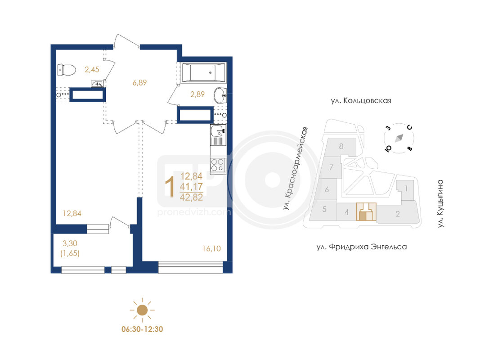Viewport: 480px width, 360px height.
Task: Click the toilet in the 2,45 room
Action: click(x=67, y=70)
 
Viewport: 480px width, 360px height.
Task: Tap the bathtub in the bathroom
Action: click(x=204, y=72)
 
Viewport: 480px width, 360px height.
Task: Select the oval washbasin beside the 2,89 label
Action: click(x=220, y=95)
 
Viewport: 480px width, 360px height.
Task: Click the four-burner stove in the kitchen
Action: click(x=218, y=165)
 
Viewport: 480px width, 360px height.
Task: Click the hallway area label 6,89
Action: click(x=139, y=83)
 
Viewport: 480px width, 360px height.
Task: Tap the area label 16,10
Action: click(x=211, y=248)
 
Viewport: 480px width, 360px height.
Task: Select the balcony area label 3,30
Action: click(x=70, y=243)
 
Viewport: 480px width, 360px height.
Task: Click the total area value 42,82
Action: click(x=191, y=197)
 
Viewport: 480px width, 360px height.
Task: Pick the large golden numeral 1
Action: click(x=170, y=186)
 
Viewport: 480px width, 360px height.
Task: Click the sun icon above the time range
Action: click(x=142, y=310)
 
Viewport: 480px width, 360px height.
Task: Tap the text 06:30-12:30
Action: click(x=142, y=329)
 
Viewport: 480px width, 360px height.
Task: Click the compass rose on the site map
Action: click(x=399, y=138)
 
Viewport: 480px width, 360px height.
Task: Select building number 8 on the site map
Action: click(x=341, y=146)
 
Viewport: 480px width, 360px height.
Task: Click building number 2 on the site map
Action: click(x=398, y=214)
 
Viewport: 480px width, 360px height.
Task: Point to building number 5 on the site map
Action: click(x=324, y=209)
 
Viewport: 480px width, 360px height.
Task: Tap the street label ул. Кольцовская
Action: click(x=361, y=101)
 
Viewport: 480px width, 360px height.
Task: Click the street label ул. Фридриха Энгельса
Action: click(x=362, y=247)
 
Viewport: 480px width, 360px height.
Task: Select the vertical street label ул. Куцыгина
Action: click(x=440, y=203)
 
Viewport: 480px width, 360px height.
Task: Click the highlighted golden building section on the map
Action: click(x=366, y=211)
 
